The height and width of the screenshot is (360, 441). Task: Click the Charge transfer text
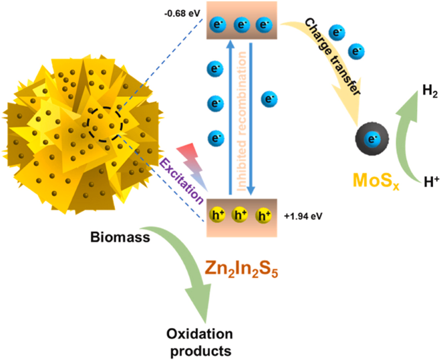(x=333, y=57)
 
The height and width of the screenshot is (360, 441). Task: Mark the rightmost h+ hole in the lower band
(x=265, y=216)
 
